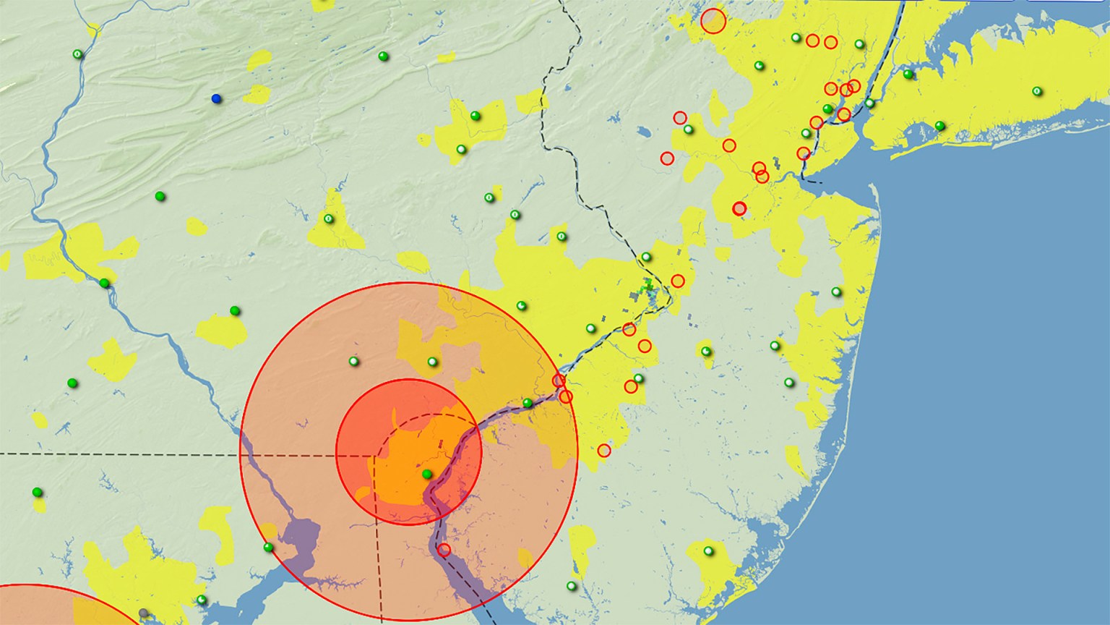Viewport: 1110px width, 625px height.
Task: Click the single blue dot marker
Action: click(x=216, y=98)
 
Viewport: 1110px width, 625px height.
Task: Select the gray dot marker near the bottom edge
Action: click(x=143, y=613)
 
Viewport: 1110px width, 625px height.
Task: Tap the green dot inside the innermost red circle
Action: click(x=427, y=475)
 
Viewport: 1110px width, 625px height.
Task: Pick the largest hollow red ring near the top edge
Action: click(x=713, y=21)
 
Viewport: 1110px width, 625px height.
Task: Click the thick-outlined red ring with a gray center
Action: click(x=739, y=208)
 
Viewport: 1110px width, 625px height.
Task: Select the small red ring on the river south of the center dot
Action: click(x=444, y=550)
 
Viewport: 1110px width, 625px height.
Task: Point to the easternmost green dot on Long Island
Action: click(x=1037, y=91)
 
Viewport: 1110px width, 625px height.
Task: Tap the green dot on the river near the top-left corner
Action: click(x=77, y=54)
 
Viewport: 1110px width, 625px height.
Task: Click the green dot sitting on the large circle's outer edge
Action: click(x=269, y=547)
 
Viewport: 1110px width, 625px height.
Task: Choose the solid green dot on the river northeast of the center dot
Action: click(x=528, y=403)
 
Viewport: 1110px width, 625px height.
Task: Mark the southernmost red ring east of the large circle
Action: click(x=604, y=451)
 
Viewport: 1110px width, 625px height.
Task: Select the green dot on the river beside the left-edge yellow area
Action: click(x=104, y=283)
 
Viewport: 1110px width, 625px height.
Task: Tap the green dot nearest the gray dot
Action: click(x=202, y=600)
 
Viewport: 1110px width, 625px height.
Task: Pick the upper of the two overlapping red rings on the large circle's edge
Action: click(x=559, y=380)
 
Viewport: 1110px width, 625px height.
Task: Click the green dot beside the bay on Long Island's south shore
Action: click(x=939, y=126)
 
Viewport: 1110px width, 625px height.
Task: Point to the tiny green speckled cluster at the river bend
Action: click(x=645, y=288)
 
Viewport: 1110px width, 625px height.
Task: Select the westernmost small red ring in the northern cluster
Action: click(x=667, y=158)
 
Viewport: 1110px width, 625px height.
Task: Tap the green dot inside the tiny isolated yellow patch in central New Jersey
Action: click(x=706, y=352)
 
